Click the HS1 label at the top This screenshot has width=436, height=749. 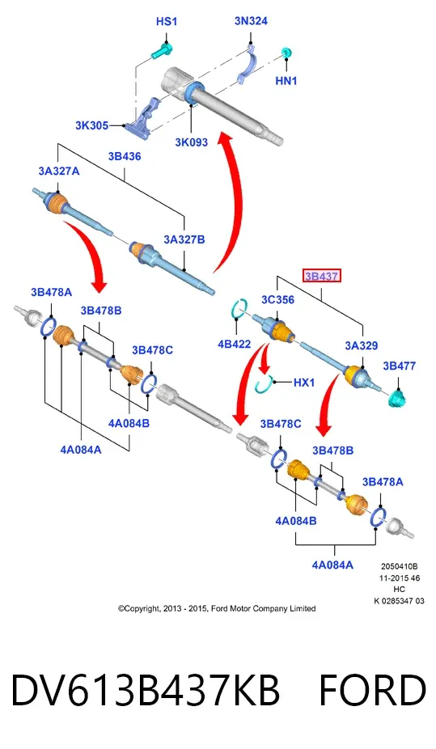(x=166, y=22)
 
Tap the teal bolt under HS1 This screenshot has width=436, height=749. (x=162, y=51)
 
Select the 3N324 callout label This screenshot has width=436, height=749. (x=251, y=21)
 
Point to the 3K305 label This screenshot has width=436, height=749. (x=91, y=125)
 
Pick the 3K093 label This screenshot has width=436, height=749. (x=191, y=142)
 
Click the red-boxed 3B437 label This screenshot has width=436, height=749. (x=322, y=276)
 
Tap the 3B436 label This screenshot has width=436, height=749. (x=124, y=156)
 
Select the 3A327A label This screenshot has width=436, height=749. (x=59, y=171)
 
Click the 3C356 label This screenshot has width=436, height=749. (x=277, y=299)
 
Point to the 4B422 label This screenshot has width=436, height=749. (x=234, y=344)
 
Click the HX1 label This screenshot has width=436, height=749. (x=303, y=382)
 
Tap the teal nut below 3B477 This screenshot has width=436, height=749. (x=396, y=397)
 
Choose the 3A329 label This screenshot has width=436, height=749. (x=362, y=345)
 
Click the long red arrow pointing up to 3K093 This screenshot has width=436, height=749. (x=235, y=200)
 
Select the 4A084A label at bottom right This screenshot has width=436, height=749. (x=332, y=565)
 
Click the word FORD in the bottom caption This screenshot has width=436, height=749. (x=372, y=690)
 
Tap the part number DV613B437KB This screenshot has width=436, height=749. (x=145, y=690)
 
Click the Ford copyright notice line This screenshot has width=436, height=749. (x=217, y=608)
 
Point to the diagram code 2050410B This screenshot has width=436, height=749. (x=400, y=566)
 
